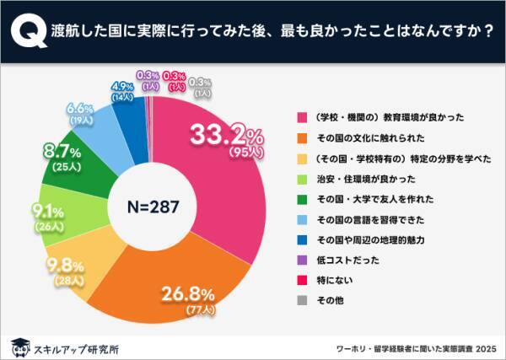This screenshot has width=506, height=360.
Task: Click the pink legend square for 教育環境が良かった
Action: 299,118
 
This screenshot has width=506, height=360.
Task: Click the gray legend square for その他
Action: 299,300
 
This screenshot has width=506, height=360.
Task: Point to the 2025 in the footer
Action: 483,346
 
